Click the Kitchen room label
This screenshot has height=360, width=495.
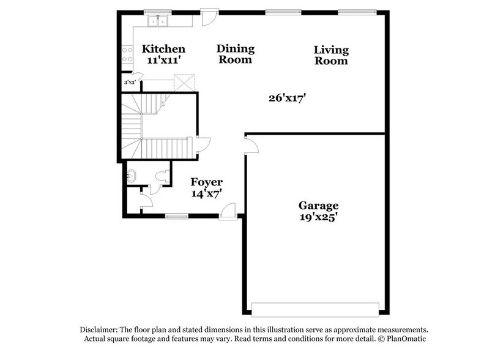pos(163,49)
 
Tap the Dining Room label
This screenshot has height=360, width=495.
pos(236,49)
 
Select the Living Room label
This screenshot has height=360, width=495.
pos(331,50)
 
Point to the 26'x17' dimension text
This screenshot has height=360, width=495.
pos(286,97)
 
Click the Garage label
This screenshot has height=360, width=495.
pos(318,206)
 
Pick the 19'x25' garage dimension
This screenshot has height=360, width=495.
pos(318,217)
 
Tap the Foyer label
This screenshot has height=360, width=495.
pos(206,182)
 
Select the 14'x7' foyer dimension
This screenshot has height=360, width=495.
pos(206,193)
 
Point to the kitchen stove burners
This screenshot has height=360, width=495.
pos(127,55)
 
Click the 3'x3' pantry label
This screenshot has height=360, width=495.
pos(129,82)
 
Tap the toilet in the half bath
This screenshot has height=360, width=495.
pos(162,176)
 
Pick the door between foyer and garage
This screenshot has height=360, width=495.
pos(251,144)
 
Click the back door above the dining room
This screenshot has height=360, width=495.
pos(210,16)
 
